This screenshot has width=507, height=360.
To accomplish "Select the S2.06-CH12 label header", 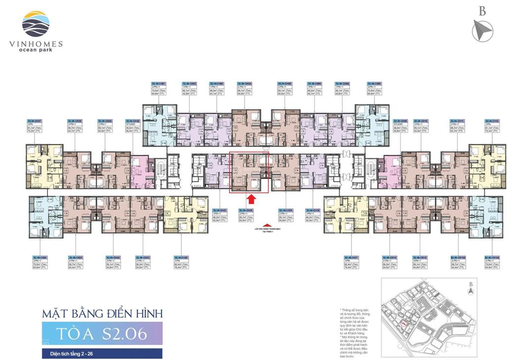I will tap(492, 121).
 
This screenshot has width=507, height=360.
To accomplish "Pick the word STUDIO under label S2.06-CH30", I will tap(131, 124).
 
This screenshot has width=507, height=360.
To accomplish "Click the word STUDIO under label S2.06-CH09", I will tap(398, 124).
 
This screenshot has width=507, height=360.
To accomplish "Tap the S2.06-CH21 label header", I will tap(220, 210).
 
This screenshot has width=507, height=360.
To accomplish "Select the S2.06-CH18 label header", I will tap(313, 210).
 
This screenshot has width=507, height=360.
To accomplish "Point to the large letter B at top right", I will tap(482, 11).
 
